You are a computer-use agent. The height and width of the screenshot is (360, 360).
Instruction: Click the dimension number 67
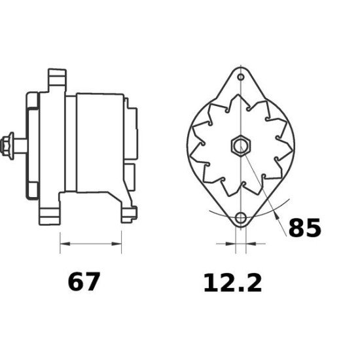pos(84,283)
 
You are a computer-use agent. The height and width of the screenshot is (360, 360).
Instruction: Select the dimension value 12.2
pos(232,283)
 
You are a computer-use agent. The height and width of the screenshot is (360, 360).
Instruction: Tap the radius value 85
pos(305,228)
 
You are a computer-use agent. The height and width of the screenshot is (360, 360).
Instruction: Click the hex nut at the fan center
pos(240,145)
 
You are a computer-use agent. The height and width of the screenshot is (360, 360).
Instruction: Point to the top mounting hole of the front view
pos(241,78)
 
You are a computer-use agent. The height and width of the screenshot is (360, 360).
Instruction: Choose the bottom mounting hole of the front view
pos(241,217)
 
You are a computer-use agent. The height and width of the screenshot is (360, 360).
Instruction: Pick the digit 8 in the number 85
pos(297,228)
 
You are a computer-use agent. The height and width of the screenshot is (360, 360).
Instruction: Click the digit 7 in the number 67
pos(93,283)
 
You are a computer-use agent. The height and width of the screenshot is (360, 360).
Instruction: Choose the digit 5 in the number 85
pos(314,228)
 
